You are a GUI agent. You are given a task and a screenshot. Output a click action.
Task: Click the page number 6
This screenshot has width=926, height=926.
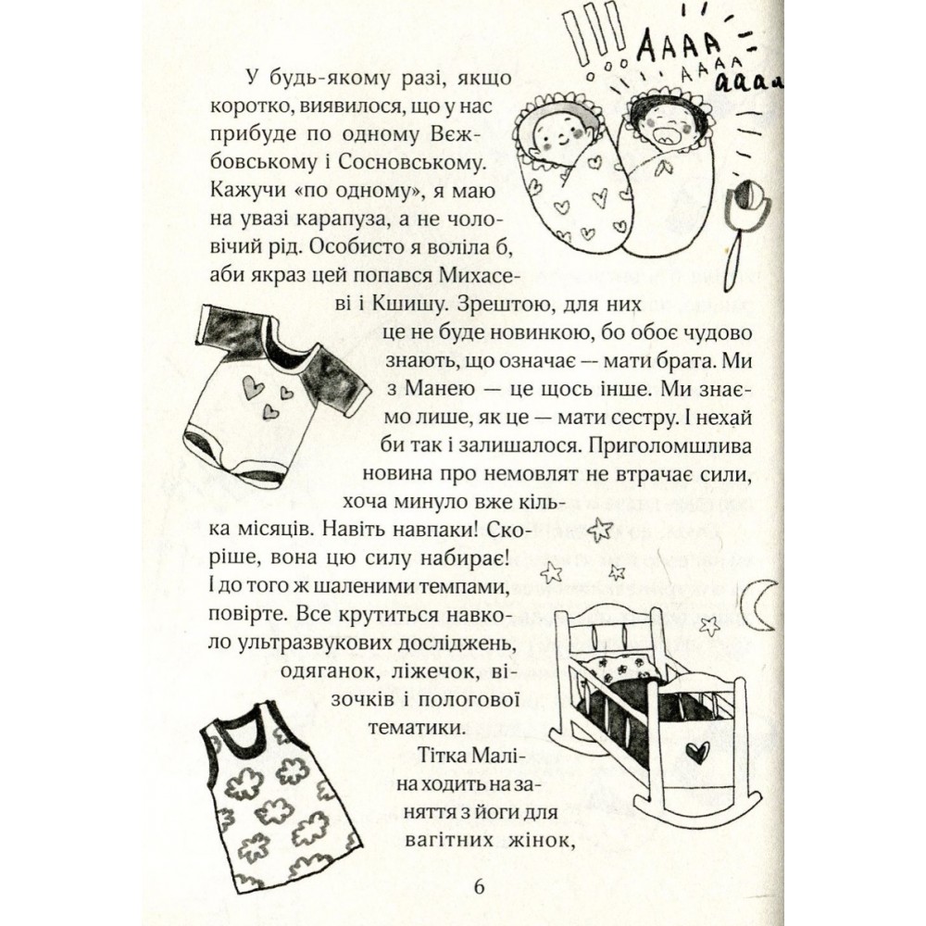tap(479, 887)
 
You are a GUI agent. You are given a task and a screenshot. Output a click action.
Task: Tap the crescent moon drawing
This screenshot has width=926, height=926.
tap(757, 607)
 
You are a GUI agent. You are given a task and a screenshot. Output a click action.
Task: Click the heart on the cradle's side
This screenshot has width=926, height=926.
tap(697, 752)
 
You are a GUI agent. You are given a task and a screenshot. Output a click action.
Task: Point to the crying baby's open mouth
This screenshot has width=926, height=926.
tap(663, 135)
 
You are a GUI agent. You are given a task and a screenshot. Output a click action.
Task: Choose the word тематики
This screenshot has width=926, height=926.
tap(414, 727)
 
